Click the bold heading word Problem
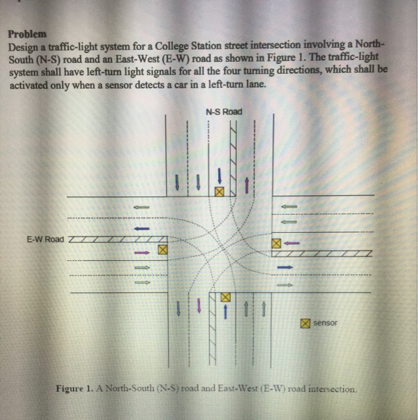pyautogui.click(x=27, y=34)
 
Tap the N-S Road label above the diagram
pyautogui.click(x=224, y=112)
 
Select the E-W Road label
pyautogui.click(x=45, y=239)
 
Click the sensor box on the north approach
pyautogui.click(x=219, y=192)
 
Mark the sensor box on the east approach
pyautogui.click(x=276, y=244)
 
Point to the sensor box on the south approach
pyautogui.click(x=225, y=297)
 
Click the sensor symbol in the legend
pyautogui.click(x=305, y=323)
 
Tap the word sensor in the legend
pyautogui.click(x=326, y=323)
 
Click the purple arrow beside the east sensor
pyautogui.click(x=291, y=244)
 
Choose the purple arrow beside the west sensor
pyautogui.click(x=142, y=253)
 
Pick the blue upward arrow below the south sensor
pyautogui.click(x=225, y=311)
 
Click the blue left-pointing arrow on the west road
pyautogui.click(x=142, y=229)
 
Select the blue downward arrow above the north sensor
pyautogui.click(x=219, y=176)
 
